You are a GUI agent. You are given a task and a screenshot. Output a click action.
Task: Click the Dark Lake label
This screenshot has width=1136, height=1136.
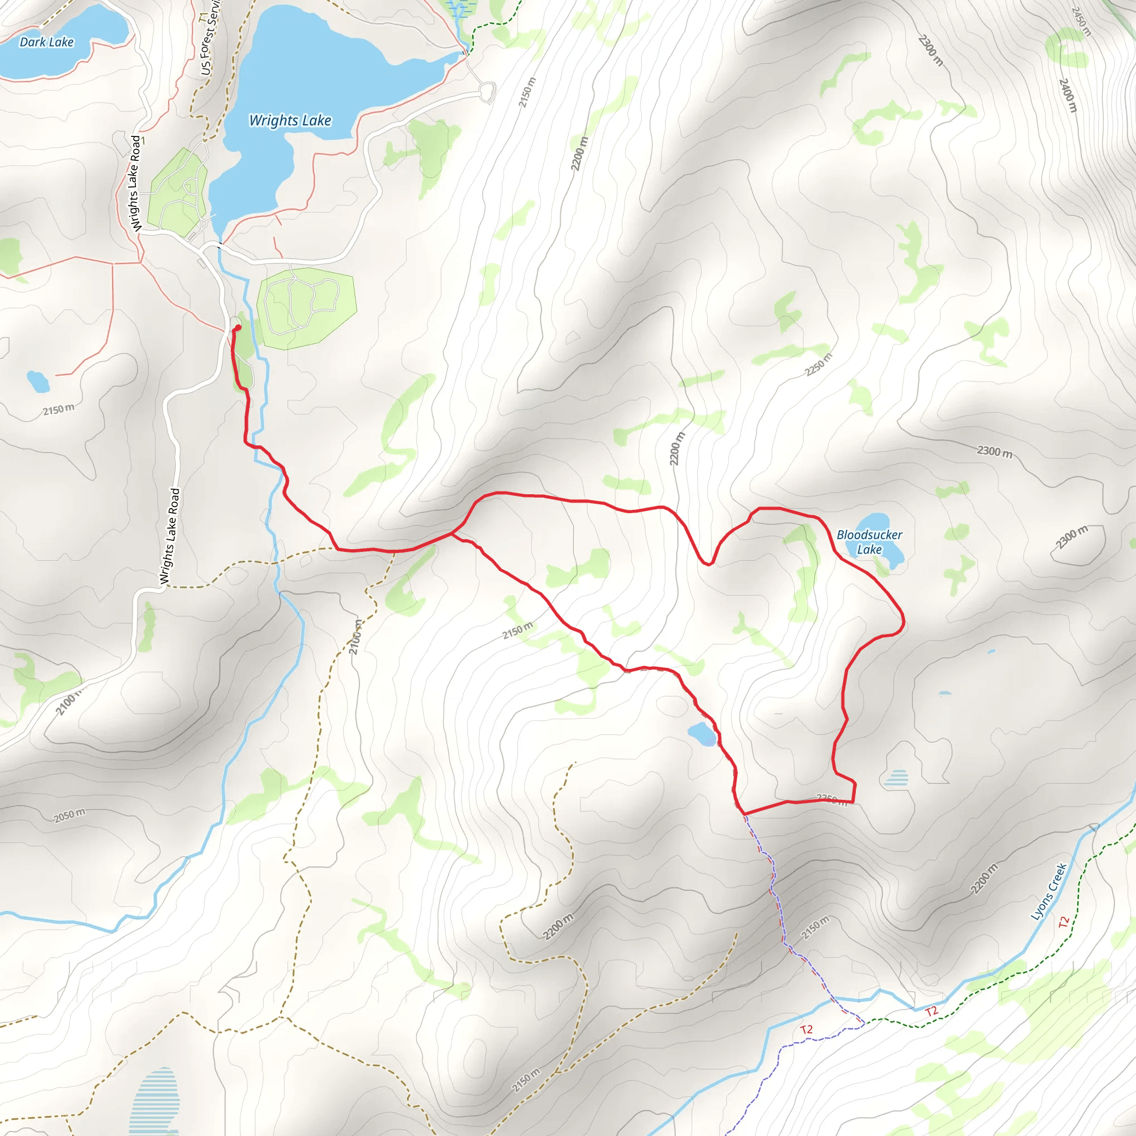[47, 42]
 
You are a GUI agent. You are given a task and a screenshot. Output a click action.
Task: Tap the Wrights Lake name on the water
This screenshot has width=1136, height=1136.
[290, 120]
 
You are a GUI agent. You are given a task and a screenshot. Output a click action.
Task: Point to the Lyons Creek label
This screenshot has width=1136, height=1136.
[1049, 891]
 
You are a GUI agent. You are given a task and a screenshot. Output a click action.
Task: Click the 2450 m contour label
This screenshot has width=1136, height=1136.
[1081, 22]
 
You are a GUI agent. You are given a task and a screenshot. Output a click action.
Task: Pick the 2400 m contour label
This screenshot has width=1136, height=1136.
[1068, 95]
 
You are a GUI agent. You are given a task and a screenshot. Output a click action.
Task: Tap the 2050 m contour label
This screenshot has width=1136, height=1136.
[69, 815]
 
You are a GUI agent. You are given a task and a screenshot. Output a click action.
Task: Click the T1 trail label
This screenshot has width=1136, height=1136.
[204, 18]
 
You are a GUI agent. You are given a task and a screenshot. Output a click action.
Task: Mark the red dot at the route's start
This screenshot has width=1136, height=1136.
[238, 327]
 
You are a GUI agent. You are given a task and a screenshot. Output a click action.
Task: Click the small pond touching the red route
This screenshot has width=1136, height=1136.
[702, 734]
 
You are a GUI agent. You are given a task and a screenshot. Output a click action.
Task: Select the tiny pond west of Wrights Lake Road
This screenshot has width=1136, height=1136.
[38, 382]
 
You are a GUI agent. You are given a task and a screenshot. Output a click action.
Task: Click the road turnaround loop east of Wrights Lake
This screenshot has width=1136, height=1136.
[487, 92]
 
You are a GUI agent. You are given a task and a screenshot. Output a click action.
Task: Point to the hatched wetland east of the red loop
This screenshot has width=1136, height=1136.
[895, 778]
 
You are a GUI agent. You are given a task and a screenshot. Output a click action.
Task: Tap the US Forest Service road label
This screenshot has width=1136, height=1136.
[209, 41]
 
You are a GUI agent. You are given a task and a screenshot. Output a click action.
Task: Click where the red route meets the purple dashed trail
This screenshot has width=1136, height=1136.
[744, 814]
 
